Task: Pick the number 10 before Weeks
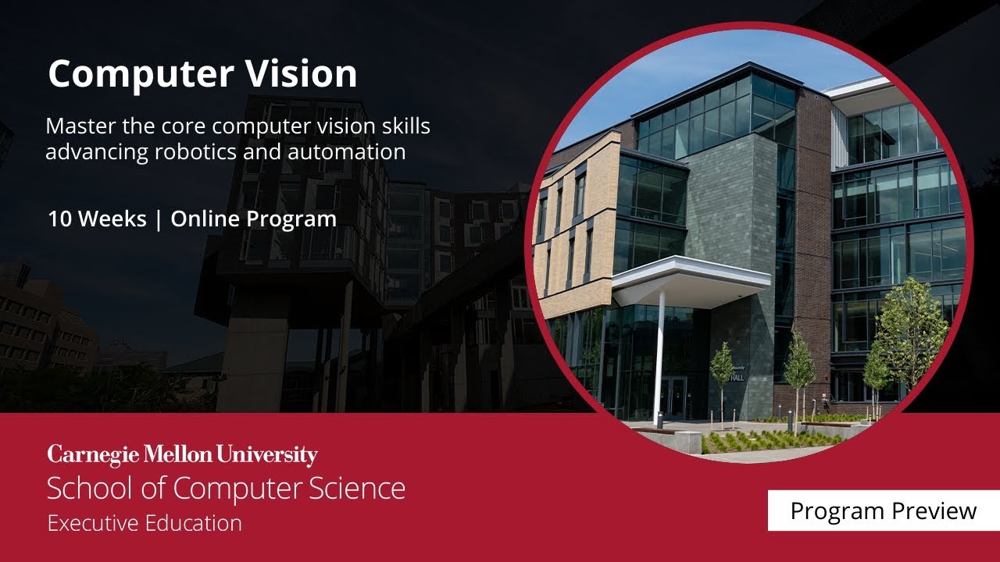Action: (60, 219)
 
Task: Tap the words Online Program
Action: (253, 219)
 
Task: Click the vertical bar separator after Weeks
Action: (159, 220)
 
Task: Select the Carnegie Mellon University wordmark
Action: (182, 455)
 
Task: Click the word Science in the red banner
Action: (358, 489)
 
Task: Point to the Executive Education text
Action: (145, 522)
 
